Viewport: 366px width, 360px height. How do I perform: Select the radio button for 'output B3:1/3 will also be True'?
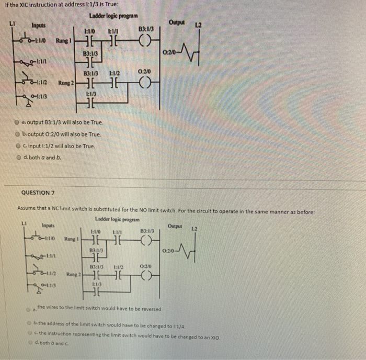[x=18, y=122]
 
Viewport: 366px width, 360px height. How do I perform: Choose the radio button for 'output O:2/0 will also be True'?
[x=18, y=134]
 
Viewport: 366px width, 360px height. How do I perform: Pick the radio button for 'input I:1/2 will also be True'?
[x=18, y=145]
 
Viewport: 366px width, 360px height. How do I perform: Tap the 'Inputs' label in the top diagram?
[x=39, y=25]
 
